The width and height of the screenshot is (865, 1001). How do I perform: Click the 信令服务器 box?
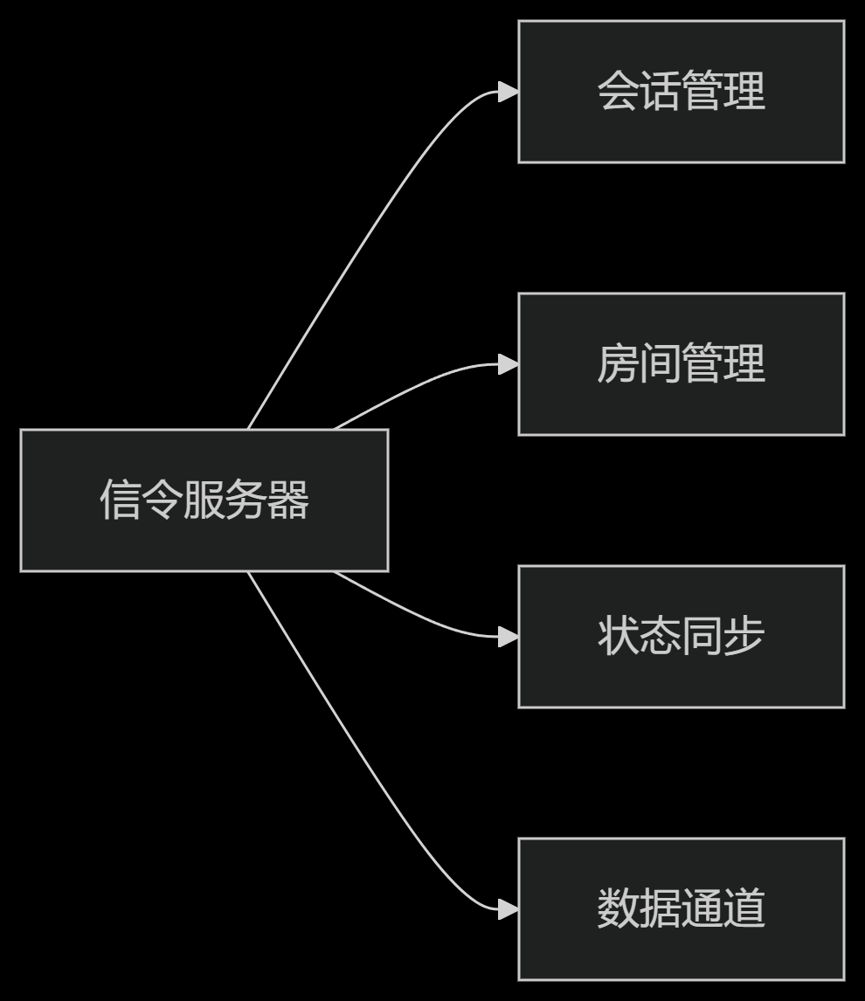pyautogui.click(x=204, y=500)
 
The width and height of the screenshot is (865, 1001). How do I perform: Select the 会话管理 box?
pyautogui.click(x=682, y=92)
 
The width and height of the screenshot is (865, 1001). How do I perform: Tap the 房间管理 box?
pyautogui.click(x=682, y=364)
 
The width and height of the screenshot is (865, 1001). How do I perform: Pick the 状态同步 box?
pyautogui.click(x=682, y=637)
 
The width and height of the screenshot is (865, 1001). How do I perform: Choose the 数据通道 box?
pyautogui.click(x=682, y=909)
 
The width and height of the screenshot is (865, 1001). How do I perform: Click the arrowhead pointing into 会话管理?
pyautogui.click(x=509, y=92)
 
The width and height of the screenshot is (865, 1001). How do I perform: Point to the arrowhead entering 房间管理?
pyautogui.click(x=509, y=364)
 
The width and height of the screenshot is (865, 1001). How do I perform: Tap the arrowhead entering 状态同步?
pyautogui.click(x=509, y=637)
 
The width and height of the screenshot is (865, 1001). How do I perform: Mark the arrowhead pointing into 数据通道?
pyautogui.click(x=509, y=909)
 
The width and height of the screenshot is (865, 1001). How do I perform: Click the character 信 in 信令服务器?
pyautogui.click(x=120, y=500)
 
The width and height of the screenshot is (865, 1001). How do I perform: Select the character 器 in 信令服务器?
pyautogui.click(x=288, y=500)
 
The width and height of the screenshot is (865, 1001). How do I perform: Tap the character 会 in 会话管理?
pyautogui.click(x=618, y=92)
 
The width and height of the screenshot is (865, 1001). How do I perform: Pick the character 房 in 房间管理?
pyautogui.click(x=618, y=364)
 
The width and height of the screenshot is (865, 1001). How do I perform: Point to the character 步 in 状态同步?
pyautogui.click(x=744, y=637)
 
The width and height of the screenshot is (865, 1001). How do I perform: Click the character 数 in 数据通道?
pyautogui.click(x=618, y=909)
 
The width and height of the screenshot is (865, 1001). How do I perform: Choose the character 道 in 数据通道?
pyautogui.click(x=744, y=909)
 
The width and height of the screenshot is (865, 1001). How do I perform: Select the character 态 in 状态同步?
pyautogui.click(x=660, y=637)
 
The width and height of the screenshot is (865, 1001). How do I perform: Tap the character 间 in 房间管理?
pyautogui.click(x=660, y=364)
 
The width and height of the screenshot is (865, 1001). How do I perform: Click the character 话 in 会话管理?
pyautogui.click(x=660, y=92)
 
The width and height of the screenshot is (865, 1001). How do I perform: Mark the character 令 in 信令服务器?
pyautogui.click(x=162, y=500)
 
